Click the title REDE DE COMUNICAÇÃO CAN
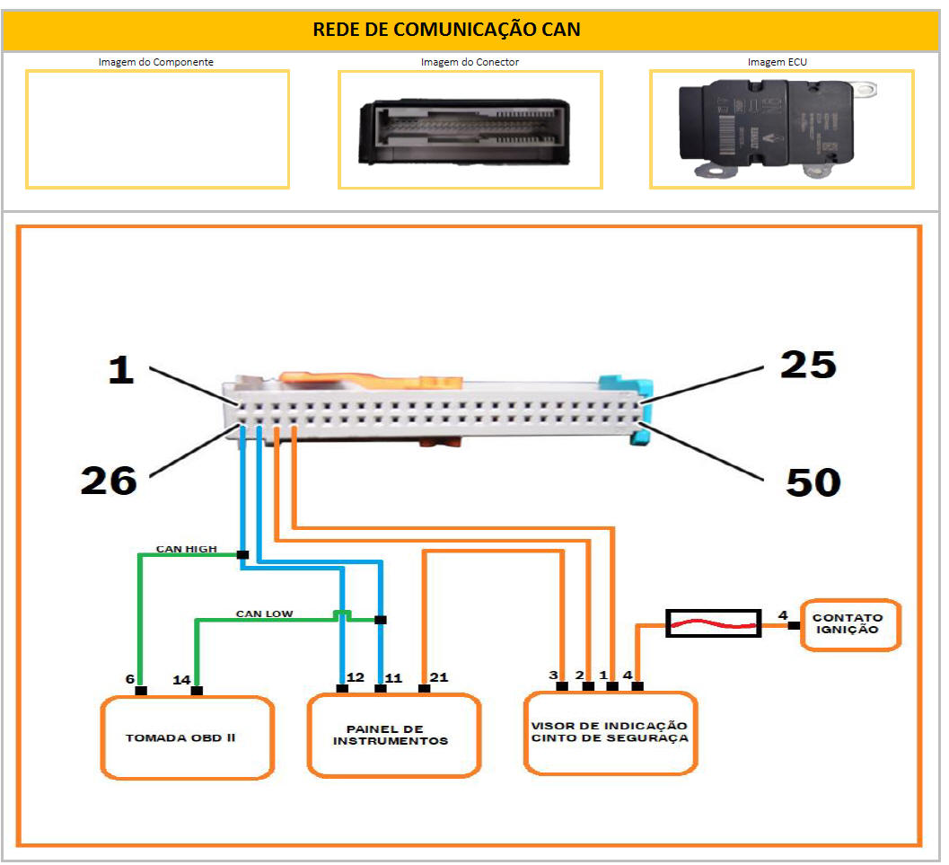(446, 29)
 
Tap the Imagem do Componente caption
(156, 62)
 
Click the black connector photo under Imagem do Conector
(464, 133)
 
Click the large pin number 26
(109, 481)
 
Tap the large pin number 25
(808, 365)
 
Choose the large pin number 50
(813, 482)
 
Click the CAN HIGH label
(186, 548)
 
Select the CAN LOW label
(264, 614)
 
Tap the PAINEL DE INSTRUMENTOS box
(394, 735)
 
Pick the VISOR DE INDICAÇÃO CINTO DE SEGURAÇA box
(610, 732)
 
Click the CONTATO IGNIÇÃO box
(847, 623)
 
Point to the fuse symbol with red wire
(713, 623)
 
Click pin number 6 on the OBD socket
(130, 680)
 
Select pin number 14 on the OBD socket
(181, 680)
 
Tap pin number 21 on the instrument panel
(439, 676)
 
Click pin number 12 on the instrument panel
(356, 676)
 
